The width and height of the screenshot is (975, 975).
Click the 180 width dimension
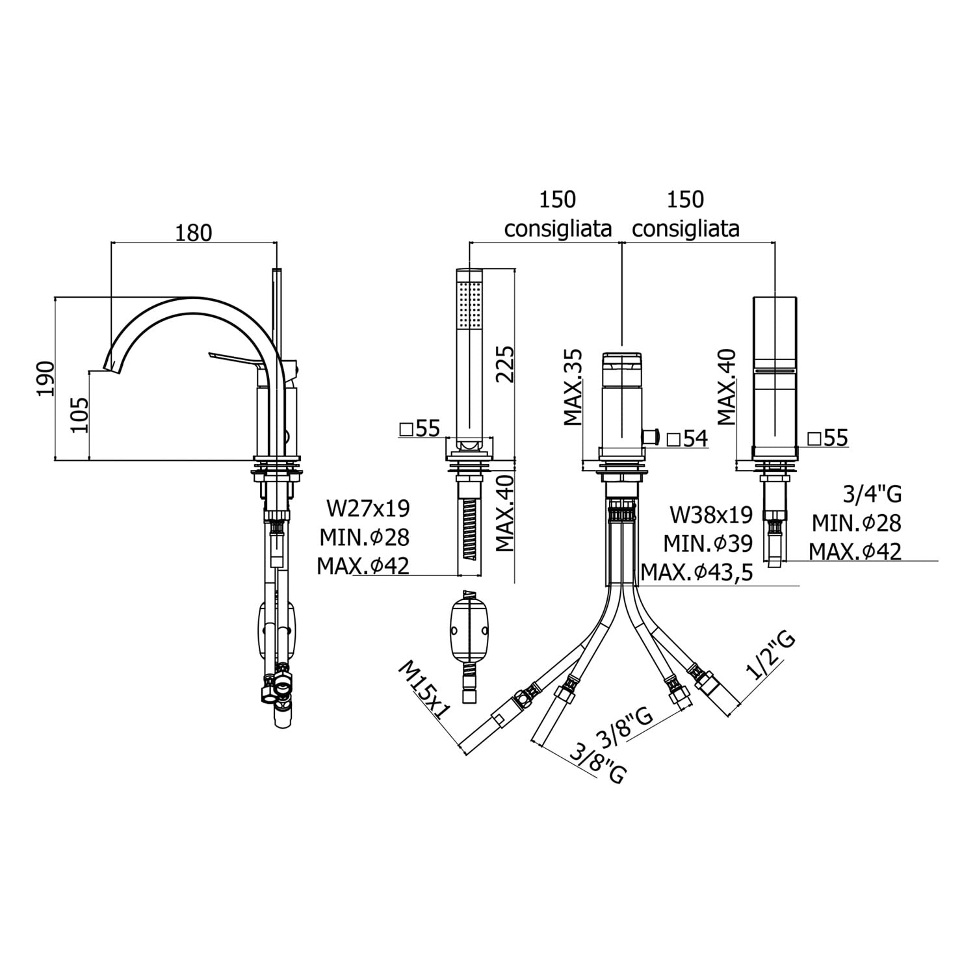[193, 232]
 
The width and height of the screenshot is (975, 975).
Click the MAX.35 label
[573, 387]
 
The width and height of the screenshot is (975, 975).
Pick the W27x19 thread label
[369, 508]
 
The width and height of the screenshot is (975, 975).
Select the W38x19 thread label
[712, 515]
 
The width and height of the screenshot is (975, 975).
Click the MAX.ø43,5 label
[697, 572]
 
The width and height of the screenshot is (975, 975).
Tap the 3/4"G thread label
[872, 494]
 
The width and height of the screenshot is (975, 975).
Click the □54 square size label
[687, 438]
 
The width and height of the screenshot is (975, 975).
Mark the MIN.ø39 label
[708, 543]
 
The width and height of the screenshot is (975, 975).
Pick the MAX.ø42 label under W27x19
[363, 566]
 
